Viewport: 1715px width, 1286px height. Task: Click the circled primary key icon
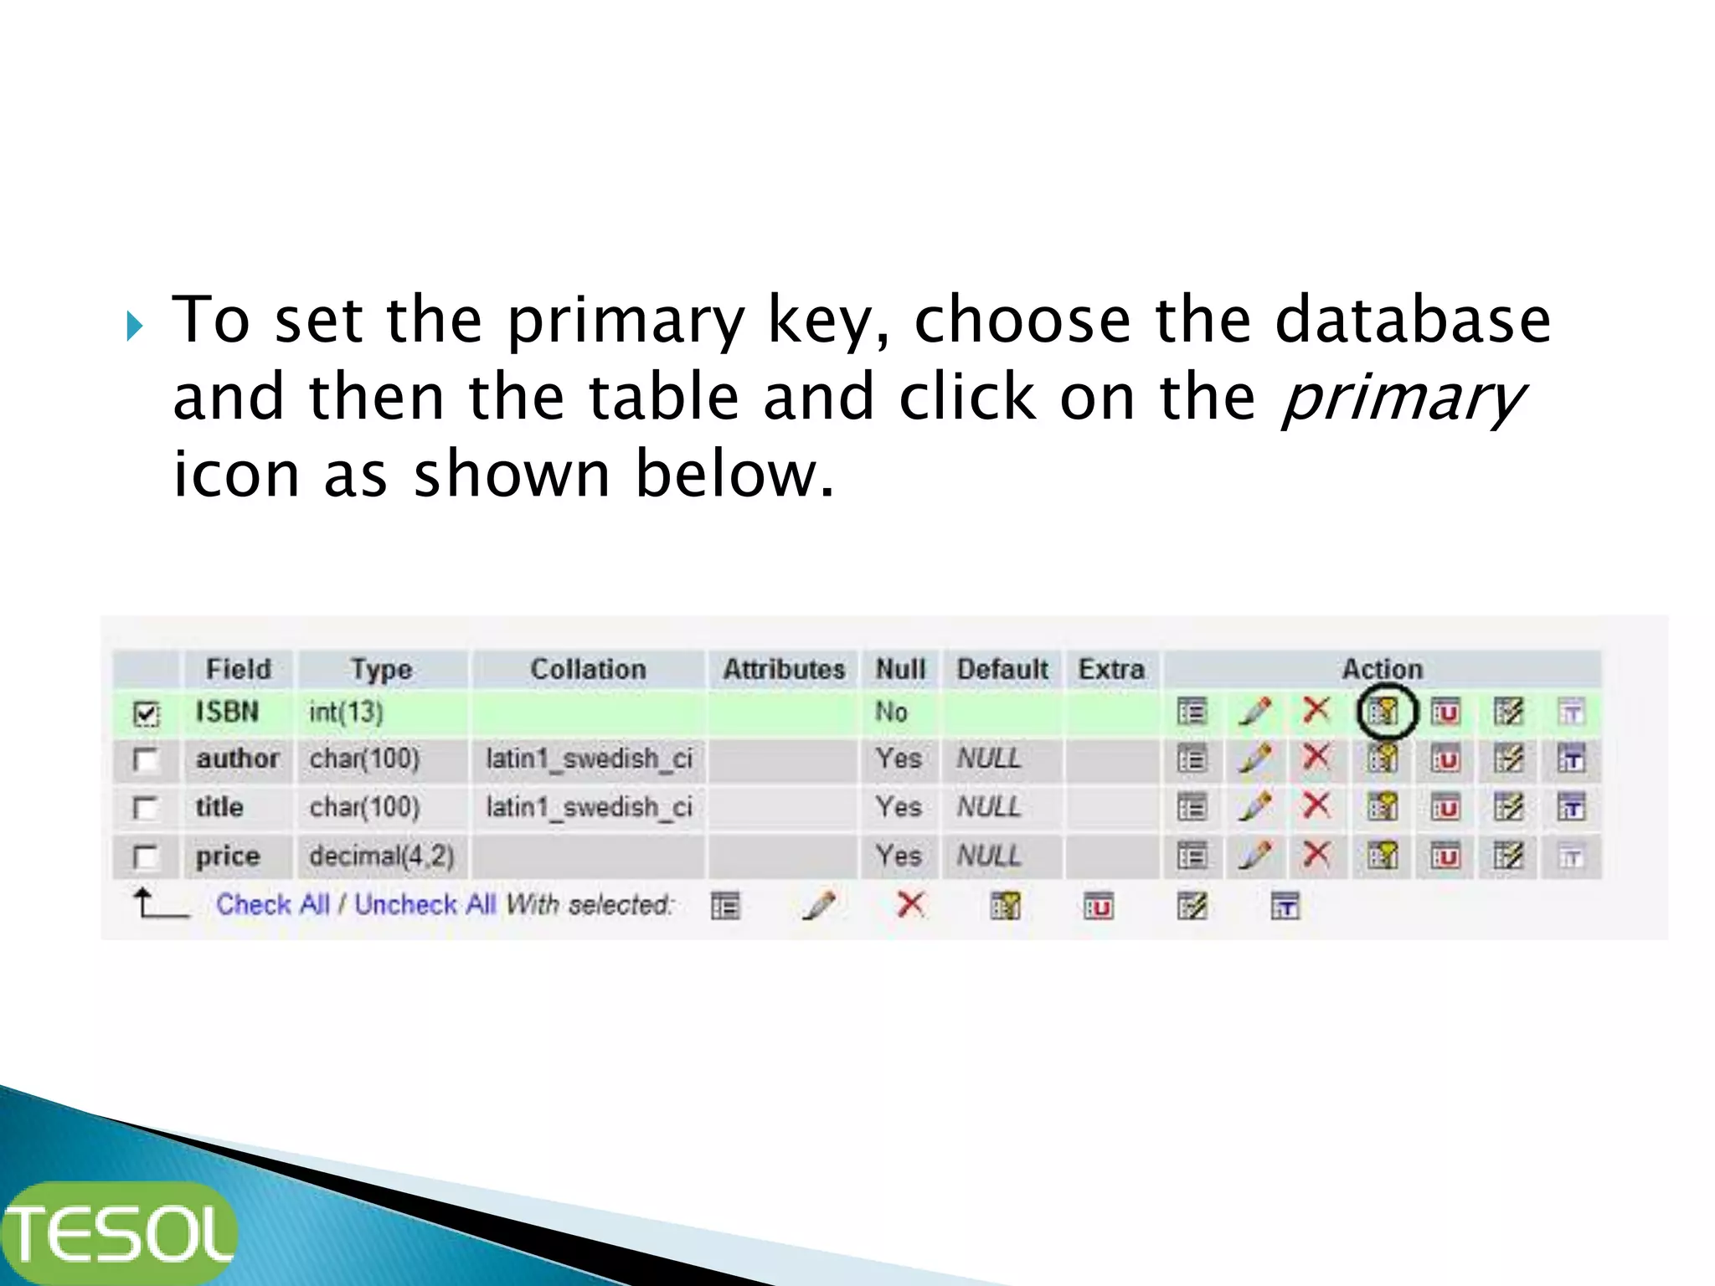click(1384, 712)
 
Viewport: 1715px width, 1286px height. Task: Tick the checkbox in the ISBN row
click(147, 714)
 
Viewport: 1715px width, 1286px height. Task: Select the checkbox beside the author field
click(147, 760)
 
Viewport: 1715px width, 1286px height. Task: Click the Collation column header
click(588, 669)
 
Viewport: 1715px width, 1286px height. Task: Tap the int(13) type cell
click(346, 712)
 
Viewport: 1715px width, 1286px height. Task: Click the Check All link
click(273, 904)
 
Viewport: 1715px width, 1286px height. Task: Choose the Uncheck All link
click(425, 904)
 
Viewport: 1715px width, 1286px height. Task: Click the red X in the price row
click(1316, 855)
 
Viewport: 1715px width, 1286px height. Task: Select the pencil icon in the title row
click(1255, 806)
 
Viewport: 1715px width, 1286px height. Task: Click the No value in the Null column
click(891, 712)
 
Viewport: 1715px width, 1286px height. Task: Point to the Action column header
click(1382, 669)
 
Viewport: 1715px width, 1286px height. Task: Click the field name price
click(228, 856)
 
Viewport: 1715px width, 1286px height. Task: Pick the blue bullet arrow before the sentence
click(135, 326)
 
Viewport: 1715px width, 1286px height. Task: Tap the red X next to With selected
click(910, 904)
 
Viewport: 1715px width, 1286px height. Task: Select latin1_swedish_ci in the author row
click(589, 759)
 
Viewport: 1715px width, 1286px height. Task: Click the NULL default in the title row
click(989, 807)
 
